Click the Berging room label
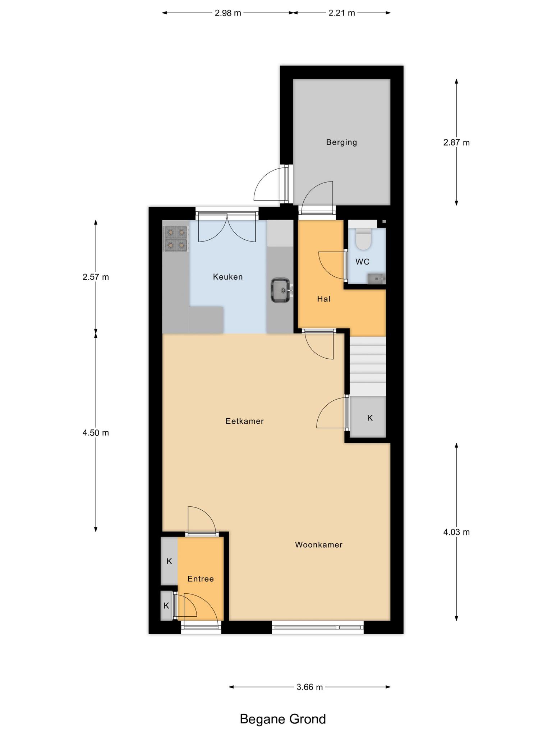pyautogui.click(x=341, y=142)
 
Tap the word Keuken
pyautogui.click(x=228, y=277)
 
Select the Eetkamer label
pyautogui.click(x=245, y=421)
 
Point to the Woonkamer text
pyautogui.click(x=319, y=544)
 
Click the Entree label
pyautogui.click(x=201, y=579)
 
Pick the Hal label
pyautogui.click(x=323, y=299)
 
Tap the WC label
pyautogui.click(x=362, y=262)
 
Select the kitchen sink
pyautogui.click(x=281, y=290)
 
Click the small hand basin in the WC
pyautogui.click(x=376, y=279)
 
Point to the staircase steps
pyautogui.click(x=368, y=366)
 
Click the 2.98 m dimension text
pyautogui.click(x=228, y=13)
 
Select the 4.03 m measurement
pyautogui.click(x=456, y=532)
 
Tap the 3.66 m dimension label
pyautogui.click(x=309, y=687)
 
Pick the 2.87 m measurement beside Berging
pyautogui.click(x=456, y=142)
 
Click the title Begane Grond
pyautogui.click(x=283, y=719)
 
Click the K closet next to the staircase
pyautogui.click(x=368, y=417)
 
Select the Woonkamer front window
pyautogui.click(x=318, y=627)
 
